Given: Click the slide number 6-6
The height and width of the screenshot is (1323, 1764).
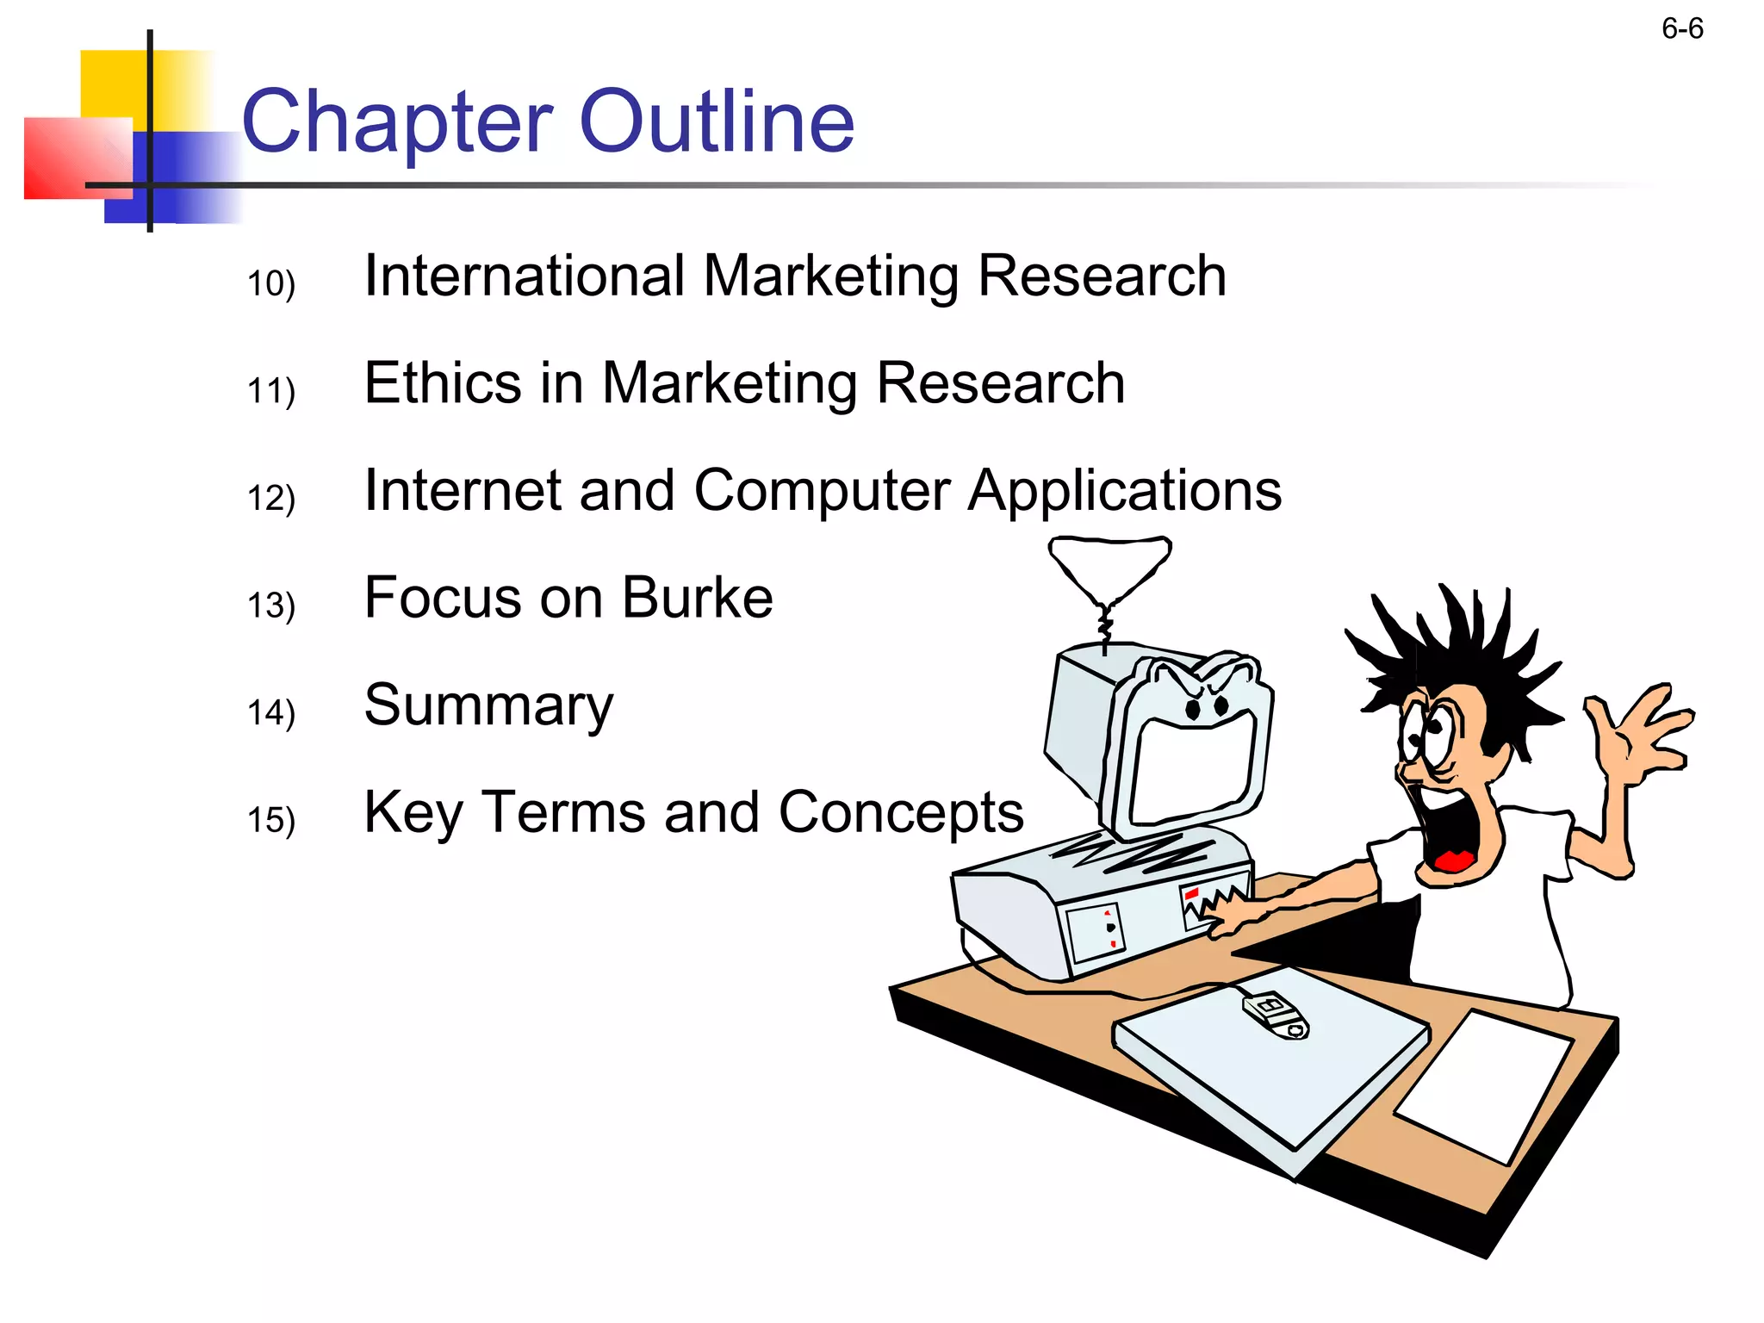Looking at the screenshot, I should (x=1681, y=29).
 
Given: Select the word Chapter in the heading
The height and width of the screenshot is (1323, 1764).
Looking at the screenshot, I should (x=397, y=123).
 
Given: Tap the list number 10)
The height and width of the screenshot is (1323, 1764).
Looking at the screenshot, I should (x=271, y=283).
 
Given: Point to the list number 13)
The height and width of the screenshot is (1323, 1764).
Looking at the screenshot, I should (x=271, y=606).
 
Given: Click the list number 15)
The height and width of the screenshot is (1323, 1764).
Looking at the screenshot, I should (x=271, y=820).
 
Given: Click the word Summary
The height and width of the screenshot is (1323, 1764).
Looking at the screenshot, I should (x=488, y=706).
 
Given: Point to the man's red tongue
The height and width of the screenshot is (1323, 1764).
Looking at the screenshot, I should (x=1454, y=860).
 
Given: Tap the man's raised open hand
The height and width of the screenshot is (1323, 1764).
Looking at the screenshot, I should (x=1637, y=732).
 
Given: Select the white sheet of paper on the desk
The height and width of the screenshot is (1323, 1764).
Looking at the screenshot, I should (x=1483, y=1087).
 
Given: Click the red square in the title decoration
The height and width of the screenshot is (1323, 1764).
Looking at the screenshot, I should (x=76, y=158).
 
